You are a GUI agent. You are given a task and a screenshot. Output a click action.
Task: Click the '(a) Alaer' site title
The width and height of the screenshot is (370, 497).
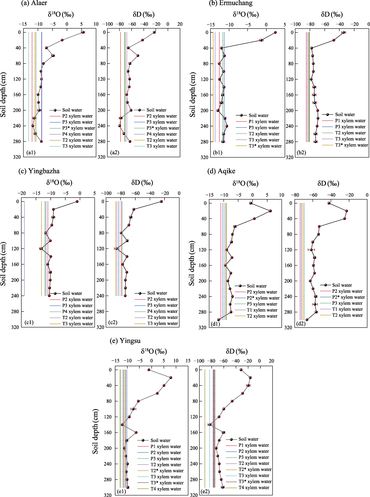[x=34, y=3]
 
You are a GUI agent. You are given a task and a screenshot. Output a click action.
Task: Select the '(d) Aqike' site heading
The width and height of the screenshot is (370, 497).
[x=221, y=171]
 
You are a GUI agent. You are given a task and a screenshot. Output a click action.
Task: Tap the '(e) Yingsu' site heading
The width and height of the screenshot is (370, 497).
[x=125, y=341]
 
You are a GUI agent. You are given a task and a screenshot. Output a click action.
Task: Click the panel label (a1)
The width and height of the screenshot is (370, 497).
[x=31, y=152]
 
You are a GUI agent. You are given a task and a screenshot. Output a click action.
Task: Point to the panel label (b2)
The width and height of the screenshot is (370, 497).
[x=301, y=152]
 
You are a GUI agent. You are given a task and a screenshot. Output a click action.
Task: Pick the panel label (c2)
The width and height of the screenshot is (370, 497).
[x=113, y=322]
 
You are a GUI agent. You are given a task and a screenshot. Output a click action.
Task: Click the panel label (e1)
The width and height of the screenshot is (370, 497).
[x=121, y=491]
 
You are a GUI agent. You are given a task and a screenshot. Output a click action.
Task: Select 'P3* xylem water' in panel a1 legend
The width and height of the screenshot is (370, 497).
[x=79, y=128]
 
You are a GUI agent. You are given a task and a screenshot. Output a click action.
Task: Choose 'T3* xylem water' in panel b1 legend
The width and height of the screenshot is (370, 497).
[x=265, y=146]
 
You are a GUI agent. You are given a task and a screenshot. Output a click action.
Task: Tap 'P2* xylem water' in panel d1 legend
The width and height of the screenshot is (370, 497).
[x=263, y=298]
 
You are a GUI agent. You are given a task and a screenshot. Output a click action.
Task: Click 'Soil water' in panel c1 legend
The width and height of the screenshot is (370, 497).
[x=72, y=293]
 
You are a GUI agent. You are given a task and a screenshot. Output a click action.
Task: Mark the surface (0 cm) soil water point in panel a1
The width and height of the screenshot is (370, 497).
[x=83, y=32]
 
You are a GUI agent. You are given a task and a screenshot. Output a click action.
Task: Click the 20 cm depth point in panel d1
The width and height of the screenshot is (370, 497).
[x=270, y=211]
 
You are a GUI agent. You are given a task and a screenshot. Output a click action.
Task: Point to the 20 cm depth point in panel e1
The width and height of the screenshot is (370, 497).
[x=171, y=378]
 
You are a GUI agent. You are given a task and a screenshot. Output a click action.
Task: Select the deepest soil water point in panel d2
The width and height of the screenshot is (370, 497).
[x=307, y=320]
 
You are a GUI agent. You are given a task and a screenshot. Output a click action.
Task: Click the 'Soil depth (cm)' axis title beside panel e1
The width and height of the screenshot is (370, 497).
[x=95, y=431]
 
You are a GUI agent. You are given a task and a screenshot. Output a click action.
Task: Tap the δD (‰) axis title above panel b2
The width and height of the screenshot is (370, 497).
[x=332, y=14]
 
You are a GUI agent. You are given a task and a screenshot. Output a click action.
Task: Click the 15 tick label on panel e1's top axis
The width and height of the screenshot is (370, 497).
[x=188, y=361]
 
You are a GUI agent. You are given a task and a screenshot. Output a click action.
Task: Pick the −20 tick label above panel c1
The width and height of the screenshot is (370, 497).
[x=22, y=193]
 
